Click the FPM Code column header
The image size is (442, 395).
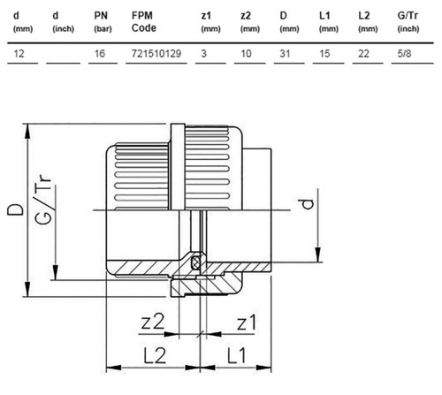[x=144, y=21]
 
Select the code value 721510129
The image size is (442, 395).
[x=156, y=54]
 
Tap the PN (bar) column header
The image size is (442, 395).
[x=103, y=21]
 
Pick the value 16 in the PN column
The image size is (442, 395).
[x=100, y=54]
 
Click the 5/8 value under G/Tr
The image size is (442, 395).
[x=404, y=54]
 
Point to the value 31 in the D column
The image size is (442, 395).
[x=285, y=54]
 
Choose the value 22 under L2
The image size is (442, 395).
[x=363, y=54]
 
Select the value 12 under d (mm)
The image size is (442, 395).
[x=19, y=54]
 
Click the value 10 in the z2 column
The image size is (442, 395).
[x=246, y=54]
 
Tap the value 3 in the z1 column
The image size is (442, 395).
[x=203, y=54]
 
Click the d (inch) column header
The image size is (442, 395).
[x=63, y=21]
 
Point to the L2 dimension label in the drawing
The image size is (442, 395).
[x=155, y=355]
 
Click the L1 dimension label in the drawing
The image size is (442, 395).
[x=237, y=355]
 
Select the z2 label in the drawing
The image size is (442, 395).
[x=152, y=322]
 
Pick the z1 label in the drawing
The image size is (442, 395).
[x=247, y=322]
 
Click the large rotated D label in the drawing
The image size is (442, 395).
[x=15, y=209]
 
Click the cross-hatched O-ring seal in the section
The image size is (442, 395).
[x=194, y=262]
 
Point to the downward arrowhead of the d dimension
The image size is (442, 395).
[x=318, y=254]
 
